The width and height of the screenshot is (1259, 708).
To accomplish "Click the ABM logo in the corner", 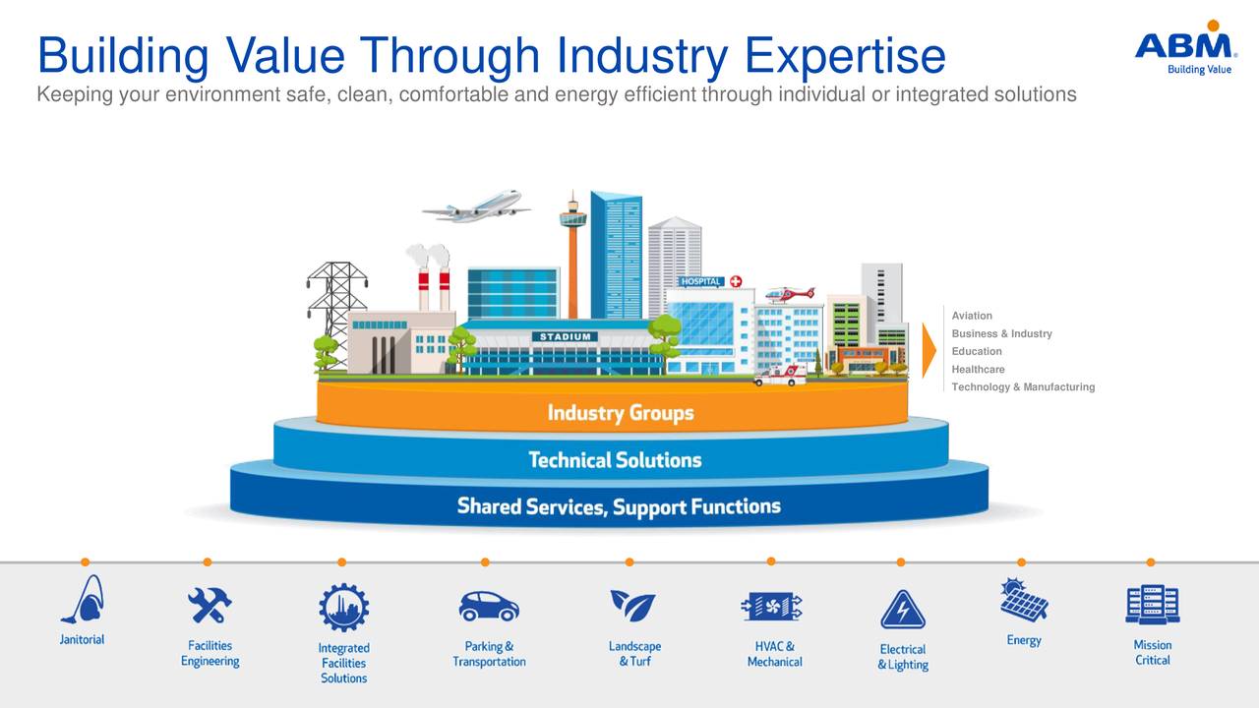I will (x=1184, y=46).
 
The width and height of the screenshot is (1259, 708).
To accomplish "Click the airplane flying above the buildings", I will (x=477, y=206).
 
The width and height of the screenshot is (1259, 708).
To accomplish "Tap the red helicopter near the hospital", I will (x=790, y=293).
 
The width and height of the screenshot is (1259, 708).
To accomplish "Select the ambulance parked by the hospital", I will (x=781, y=375).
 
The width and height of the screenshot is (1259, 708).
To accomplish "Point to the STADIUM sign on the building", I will (x=565, y=336).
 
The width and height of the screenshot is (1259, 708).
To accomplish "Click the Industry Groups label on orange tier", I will (x=620, y=412).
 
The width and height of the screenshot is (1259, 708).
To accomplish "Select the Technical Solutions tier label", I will (x=615, y=459).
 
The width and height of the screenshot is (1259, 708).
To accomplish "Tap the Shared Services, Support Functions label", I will (x=619, y=506).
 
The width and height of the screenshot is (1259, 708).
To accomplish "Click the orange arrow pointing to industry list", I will (x=929, y=350).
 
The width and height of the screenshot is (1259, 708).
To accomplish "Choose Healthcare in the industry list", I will (x=978, y=369).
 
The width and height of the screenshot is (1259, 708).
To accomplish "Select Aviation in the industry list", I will (x=972, y=316).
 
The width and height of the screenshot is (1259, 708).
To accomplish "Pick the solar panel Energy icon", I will (x=1023, y=600).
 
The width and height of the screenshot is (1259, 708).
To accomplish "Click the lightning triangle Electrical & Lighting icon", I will (x=902, y=611).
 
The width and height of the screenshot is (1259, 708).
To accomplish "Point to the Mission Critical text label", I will (x=1152, y=653).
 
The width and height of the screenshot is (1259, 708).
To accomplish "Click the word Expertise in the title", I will (x=845, y=56).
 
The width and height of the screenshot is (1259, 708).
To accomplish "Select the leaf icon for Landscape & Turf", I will (x=632, y=605).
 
